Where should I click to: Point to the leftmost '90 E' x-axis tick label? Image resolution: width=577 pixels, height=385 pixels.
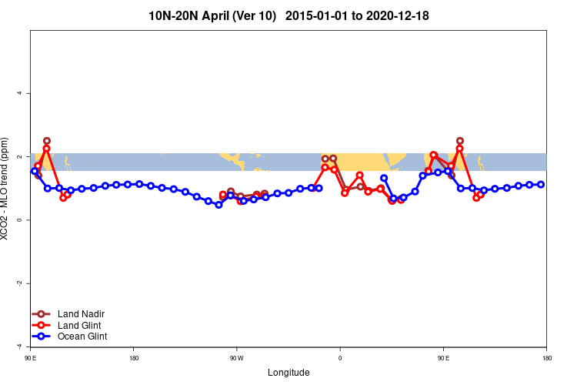pos(31,359)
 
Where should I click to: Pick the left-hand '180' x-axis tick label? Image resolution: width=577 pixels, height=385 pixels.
pos(134,359)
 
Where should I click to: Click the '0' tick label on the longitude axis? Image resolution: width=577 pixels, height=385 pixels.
pos(340,359)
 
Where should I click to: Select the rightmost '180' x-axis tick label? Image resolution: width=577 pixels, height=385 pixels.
pos(546,359)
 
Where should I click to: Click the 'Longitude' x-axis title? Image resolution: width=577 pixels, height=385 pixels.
pos(288,373)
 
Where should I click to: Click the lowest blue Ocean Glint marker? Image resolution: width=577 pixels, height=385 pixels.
pos(218,205)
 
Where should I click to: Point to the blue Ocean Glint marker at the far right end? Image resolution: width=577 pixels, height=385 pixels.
pos(541,185)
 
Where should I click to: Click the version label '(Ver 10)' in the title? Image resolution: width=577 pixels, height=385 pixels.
pos(255,15)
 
